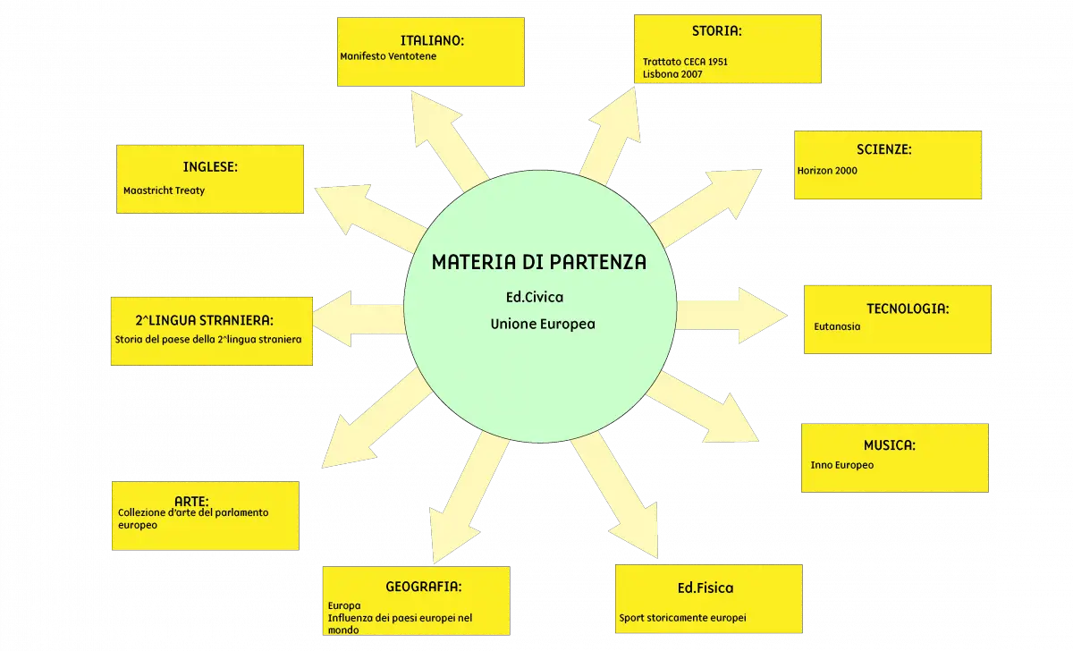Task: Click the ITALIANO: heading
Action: [432, 41]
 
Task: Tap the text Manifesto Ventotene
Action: [388, 56]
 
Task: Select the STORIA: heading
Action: [716, 31]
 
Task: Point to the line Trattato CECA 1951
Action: [685, 62]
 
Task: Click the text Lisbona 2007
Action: [672, 74]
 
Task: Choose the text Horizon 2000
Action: [827, 171]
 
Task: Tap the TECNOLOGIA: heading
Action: [908, 309]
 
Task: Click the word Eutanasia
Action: [837, 326]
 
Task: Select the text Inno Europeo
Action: [842, 465]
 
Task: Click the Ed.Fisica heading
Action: [705, 588]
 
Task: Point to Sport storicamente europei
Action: [682, 618]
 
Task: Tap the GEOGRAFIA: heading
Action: [424, 587]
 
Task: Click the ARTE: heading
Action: [191, 501]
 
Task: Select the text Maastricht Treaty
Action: [164, 190]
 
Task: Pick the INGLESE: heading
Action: [210, 166]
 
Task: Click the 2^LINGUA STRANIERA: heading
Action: [204, 320]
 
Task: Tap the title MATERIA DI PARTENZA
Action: [539, 262]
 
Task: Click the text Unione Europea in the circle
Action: [543, 325]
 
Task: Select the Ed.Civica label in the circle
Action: [535, 298]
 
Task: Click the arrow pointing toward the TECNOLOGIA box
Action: [732, 315]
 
